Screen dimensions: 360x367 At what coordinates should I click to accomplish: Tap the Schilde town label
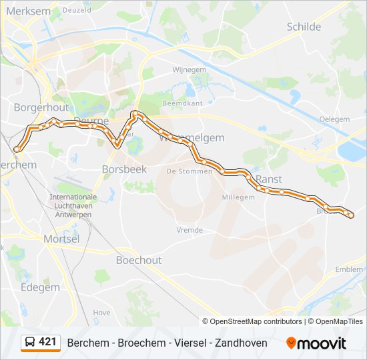pyautogui.click(x=304, y=27)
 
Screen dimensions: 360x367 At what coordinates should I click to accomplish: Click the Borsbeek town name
pyautogui.click(x=123, y=169)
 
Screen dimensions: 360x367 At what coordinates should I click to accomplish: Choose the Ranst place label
pyautogui.click(x=269, y=179)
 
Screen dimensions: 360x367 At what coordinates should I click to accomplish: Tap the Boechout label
pyautogui.click(x=138, y=260)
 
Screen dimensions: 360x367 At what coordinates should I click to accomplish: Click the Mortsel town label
pyautogui.click(x=61, y=239)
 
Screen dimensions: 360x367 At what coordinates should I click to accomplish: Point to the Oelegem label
pyautogui.click(x=334, y=119)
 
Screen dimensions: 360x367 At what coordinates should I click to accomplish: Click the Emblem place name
pyautogui.click(x=349, y=269)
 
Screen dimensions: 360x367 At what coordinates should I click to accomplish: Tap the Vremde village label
pyautogui.click(x=190, y=230)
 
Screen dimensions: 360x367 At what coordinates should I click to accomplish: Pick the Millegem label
pyautogui.click(x=238, y=197)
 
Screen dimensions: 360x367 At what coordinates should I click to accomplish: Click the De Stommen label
pyautogui.click(x=189, y=171)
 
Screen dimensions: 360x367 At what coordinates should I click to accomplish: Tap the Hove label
pyautogui.click(x=101, y=312)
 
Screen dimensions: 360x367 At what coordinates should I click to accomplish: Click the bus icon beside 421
pyautogui.click(x=29, y=343)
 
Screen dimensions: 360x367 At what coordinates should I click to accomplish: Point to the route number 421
pyautogui.click(x=47, y=342)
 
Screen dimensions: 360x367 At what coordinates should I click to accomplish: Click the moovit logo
pyautogui.click(x=317, y=343)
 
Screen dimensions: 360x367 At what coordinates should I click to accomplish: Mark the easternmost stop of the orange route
pyautogui.click(x=350, y=215)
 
